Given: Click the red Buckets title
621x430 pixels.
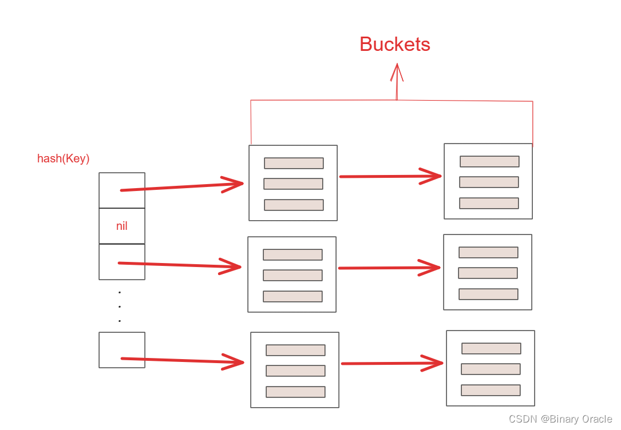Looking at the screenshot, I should [x=395, y=45].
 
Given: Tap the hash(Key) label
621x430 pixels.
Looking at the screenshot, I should [x=64, y=158].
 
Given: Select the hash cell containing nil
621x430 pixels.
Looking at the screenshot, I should [x=122, y=226].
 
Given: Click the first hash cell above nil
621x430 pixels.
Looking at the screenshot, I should [x=122, y=190].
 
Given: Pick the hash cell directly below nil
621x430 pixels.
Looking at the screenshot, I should [x=122, y=262].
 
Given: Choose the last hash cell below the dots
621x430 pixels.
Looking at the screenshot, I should [x=122, y=349].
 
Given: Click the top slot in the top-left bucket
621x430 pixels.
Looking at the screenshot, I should [x=294, y=163].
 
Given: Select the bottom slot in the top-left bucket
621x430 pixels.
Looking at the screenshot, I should [x=294, y=205].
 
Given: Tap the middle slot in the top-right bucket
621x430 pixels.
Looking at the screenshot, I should [x=489, y=182].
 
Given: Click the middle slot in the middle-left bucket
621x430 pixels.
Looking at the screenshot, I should [x=292, y=275].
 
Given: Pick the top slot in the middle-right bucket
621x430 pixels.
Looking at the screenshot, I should [x=488, y=252].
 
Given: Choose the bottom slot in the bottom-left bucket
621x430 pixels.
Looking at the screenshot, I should [x=295, y=392].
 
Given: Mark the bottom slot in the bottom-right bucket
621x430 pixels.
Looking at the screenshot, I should [x=491, y=390].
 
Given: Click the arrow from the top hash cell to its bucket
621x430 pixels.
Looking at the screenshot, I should [x=183, y=186].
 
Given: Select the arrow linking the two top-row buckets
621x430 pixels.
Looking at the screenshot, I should [x=389, y=176].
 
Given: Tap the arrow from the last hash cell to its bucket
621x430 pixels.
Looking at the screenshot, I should [x=183, y=360].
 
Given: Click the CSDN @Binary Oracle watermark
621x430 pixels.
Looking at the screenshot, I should [x=560, y=419].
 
